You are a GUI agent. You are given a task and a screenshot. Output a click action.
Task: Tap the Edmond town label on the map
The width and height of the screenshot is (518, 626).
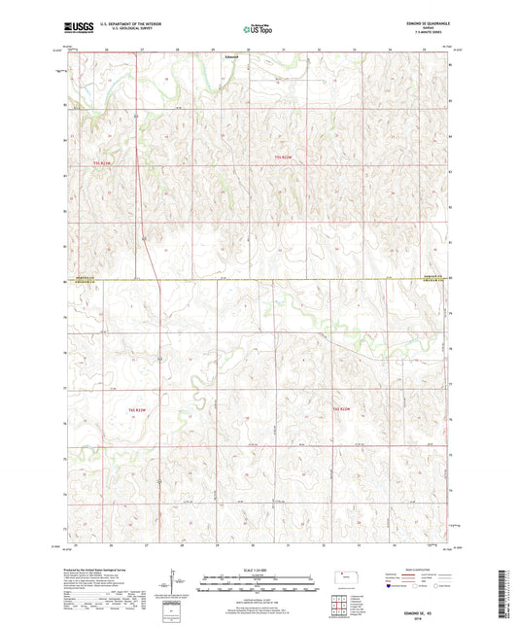pyautogui.click(x=231, y=56)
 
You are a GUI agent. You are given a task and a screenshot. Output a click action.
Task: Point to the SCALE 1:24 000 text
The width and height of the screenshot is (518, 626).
pyautogui.click(x=258, y=569)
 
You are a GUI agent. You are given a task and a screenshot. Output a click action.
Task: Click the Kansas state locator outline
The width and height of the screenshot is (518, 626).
pyautogui.click(x=346, y=577)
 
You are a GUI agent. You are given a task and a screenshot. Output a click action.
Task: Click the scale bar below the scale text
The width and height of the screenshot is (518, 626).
pyautogui.click(x=258, y=579)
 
